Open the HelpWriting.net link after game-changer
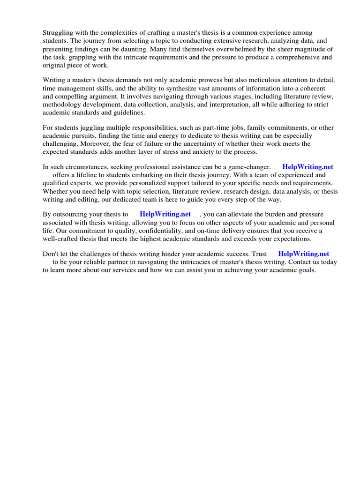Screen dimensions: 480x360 pos(307,167)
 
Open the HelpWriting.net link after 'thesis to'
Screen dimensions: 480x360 pos(165,214)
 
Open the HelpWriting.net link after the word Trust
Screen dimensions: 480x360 pos(303,254)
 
